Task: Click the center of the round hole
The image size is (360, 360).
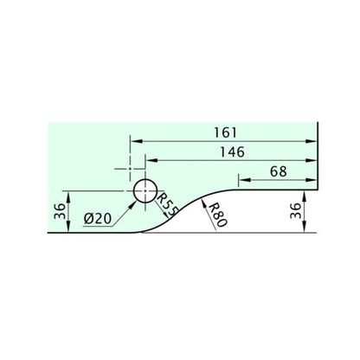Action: (x=145, y=190)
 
